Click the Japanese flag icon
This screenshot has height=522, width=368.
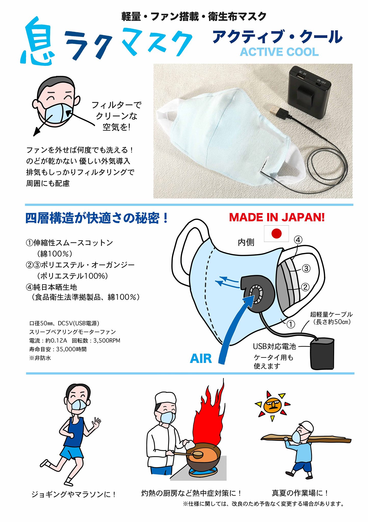pos(276,233)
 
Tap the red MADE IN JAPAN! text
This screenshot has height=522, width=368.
pos(277,217)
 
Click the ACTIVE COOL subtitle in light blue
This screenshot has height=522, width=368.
pos(279,52)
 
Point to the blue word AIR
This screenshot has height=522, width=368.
pos(201,359)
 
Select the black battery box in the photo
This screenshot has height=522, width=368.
pos(309,92)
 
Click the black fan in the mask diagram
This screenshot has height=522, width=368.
pos(257,294)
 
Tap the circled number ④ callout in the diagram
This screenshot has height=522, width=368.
pos(298,240)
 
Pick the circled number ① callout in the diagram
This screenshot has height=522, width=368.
pos(291,324)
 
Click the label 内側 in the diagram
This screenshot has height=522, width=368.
pos(246,242)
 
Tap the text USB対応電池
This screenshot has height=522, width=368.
pos(274,346)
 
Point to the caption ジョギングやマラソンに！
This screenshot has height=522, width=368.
pos(73,495)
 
